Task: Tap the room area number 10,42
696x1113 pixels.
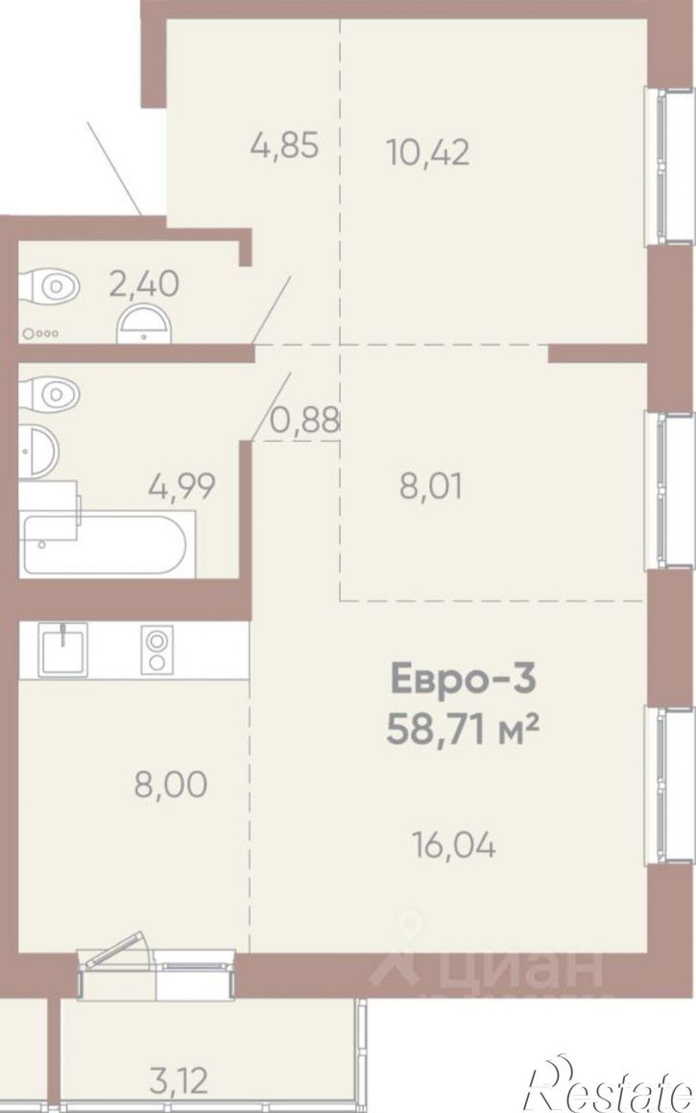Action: [428, 151]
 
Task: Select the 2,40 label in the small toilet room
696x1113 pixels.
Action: [143, 284]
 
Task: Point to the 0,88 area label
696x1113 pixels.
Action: [305, 422]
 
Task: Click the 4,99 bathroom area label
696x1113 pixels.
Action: [181, 487]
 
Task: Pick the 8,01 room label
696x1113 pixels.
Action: [431, 487]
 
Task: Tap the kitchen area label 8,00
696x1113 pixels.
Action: [171, 786]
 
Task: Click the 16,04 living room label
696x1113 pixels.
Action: [453, 845]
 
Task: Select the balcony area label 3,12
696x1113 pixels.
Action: [179, 1081]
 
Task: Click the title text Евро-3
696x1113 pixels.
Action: [463, 679]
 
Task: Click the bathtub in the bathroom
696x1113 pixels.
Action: [108, 544]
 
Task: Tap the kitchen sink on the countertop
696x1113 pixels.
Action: [64, 649]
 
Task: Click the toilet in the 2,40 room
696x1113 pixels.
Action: [49, 287]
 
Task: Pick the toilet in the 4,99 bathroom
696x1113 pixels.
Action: [49, 391]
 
